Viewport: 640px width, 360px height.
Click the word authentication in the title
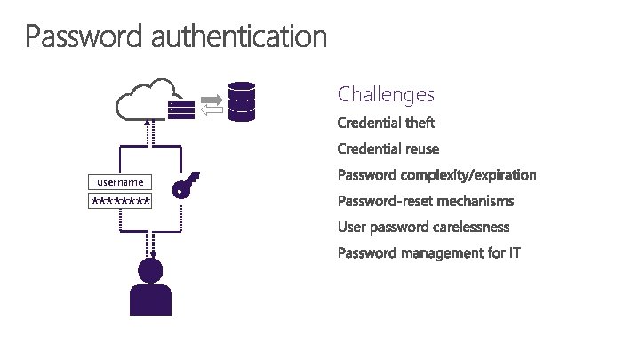[239, 37]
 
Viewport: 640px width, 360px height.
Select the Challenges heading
[386, 94]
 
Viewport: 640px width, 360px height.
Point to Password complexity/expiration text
[437, 175]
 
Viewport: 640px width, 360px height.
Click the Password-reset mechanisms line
[426, 201]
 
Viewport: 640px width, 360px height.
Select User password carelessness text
[423, 228]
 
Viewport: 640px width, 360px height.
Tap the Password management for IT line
[429, 254]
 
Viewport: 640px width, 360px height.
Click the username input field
[120, 182]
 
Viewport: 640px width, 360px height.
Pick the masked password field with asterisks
[120, 202]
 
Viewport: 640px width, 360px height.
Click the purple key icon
[184, 186]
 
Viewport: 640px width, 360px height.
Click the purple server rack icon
[181, 109]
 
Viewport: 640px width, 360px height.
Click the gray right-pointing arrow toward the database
[212, 97]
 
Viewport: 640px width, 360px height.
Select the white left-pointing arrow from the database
[212, 109]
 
